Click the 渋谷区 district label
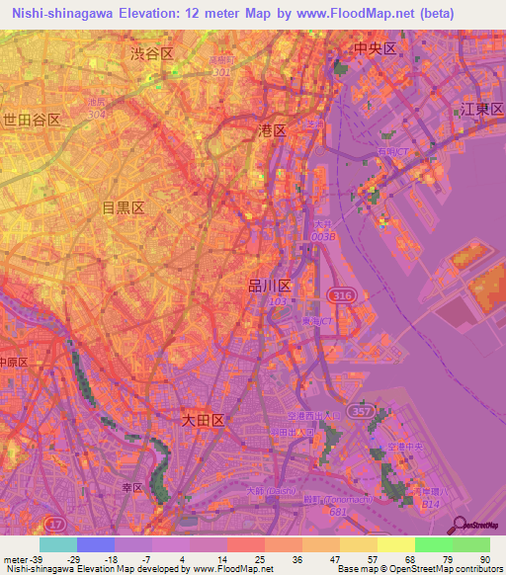(x=152, y=54)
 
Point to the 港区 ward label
(x=272, y=129)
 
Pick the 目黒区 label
(x=124, y=207)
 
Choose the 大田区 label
(x=204, y=420)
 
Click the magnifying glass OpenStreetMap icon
(x=459, y=527)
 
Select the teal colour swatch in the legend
(x=57, y=544)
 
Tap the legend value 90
(x=484, y=559)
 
